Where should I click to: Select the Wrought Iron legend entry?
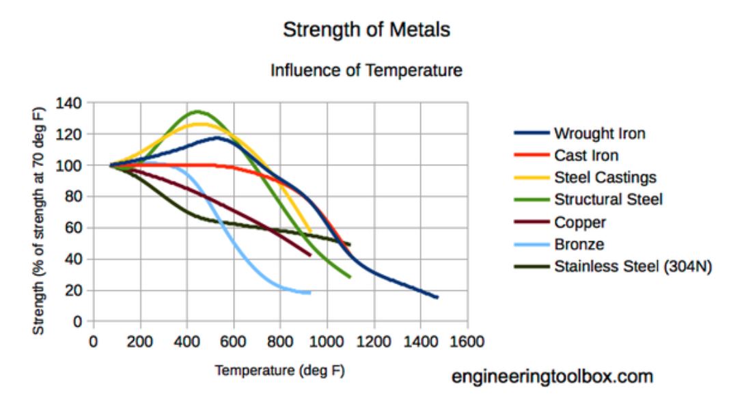click(x=599, y=133)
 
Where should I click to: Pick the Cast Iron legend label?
click(x=586, y=156)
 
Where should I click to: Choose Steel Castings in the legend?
click(x=605, y=178)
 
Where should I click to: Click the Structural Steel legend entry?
click(x=608, y=199)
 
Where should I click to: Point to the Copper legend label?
click(x=580, y=222)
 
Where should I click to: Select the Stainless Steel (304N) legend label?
click(x=633, y=266)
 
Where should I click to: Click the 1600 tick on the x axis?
click(x=468, y=340)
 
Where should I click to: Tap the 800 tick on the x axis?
click(x=281, y=340)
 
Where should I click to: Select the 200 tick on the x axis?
click(x=140, y=340)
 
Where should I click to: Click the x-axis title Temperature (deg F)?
click(x=280, y=371)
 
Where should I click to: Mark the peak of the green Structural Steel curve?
click(x=197, y=111)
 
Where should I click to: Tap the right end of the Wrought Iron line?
click(x=437, y=297)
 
